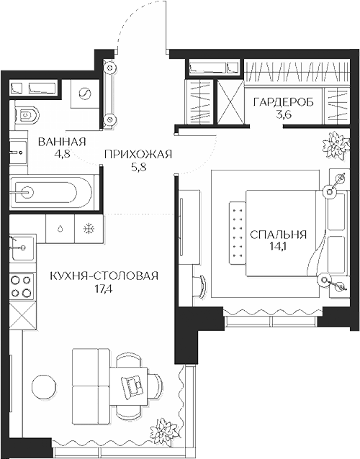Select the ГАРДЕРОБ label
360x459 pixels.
coord(283,103)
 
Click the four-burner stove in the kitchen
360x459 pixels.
coord(21,286)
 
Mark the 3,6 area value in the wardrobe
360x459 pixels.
coord(283,115)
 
